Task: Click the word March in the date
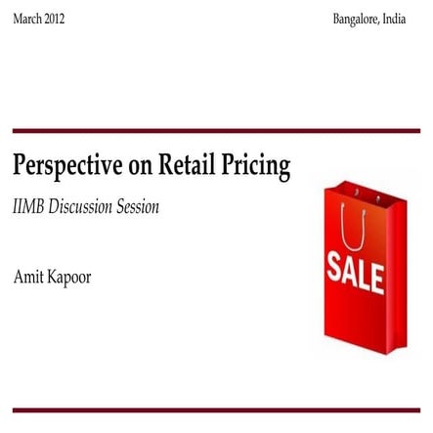(x=26, y=19)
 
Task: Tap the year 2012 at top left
(x=54, y=19)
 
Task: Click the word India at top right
(x=394, y=19)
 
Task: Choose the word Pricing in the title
(x=256, y=166)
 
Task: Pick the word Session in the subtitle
(x=138, y=207)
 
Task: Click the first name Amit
(x=27, y=277)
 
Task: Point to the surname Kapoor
(x=68, y=278)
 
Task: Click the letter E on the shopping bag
(x=377, y=277)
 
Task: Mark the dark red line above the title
(x=216, y=131)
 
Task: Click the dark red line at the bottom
(x=216, y=410)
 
